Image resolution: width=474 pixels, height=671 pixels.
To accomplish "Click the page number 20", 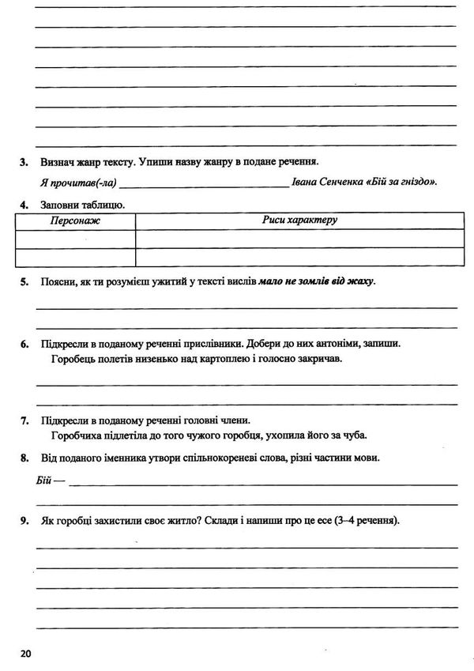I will coord(24,654).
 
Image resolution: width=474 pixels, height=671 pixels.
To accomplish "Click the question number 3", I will coord(24,162).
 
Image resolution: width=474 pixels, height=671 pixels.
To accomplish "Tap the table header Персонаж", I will coord(75,221).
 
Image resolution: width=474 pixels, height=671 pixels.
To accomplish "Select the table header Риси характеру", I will coord(299,220).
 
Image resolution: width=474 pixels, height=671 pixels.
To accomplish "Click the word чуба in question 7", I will coord(355,435).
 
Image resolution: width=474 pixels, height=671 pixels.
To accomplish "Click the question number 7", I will coord(24,420).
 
